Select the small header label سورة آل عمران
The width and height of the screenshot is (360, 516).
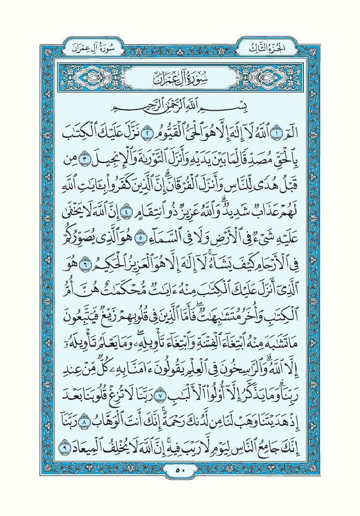pyautogui.click(x=90, y=47)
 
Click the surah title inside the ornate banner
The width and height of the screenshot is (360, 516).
pyautogui.click(x=179, y=77)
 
